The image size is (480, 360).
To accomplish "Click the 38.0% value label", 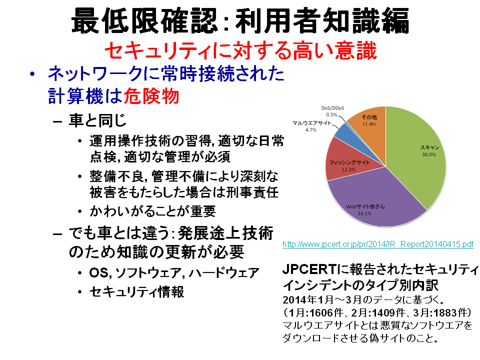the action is pyautogui.click(x=429, y=154).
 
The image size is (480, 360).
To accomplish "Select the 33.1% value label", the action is pyautogui.click(x=364, y=213).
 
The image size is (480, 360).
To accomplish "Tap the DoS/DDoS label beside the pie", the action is pyautogui.click(x=332, y=108).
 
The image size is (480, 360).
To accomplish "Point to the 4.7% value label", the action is pyautogui.click(x=310, y=130).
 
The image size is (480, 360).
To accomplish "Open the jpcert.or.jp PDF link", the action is pyautogui.click(x=378, y=244).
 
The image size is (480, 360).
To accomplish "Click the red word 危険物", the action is pyautogui.click(x=151, y=96).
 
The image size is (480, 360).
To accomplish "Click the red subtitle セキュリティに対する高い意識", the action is pyautogui.click(x=240, y=50).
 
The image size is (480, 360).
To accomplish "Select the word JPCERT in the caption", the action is pyautogui.click(x=309, y=269).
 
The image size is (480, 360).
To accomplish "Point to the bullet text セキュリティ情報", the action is pyautogui.click(x=137, y=291).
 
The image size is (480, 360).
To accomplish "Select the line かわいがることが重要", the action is pyautogui.click(x=153, y=211).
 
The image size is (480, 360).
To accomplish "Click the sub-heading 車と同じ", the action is pyautogui.click(x=97, y=120).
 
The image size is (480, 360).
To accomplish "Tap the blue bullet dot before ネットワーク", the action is pyautogui.click(x=32, y=74).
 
